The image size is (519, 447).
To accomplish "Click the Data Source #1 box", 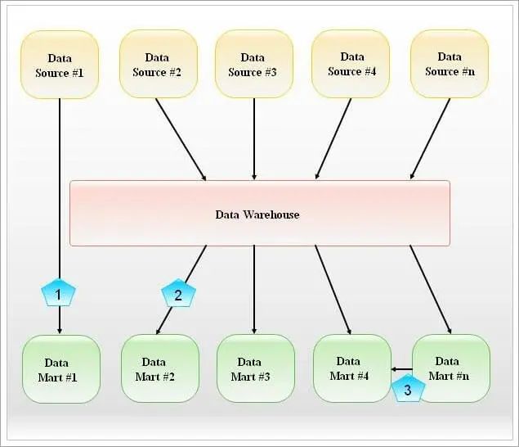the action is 60,65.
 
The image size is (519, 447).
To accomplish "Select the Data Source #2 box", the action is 159,64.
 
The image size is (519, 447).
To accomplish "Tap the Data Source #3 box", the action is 254,64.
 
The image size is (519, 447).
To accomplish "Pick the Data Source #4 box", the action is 351,64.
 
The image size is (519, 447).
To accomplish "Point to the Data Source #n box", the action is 450,64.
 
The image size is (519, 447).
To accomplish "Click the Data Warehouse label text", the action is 257,214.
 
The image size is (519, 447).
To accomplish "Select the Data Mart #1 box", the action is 61,369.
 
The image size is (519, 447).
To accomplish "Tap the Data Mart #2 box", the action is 160,368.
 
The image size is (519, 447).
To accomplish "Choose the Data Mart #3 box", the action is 256,368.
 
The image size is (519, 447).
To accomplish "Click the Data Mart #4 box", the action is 352,368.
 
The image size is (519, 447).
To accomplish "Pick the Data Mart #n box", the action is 451,368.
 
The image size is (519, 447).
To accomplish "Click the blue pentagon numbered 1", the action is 59,293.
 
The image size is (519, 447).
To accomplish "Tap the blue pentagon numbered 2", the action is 179,293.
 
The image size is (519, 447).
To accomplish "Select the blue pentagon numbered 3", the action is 408,389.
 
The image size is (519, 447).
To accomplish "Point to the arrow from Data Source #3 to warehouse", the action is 254,139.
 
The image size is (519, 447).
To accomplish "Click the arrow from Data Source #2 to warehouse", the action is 181,139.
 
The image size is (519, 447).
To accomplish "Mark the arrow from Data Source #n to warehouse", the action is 430,138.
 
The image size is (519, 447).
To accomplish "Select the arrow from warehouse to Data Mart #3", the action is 254,289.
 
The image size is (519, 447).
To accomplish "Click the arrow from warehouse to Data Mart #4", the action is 333,290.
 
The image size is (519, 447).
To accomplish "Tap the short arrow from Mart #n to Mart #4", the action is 401,369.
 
